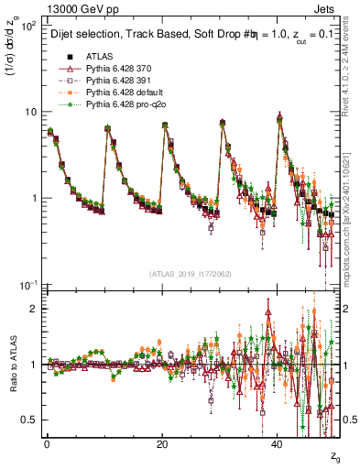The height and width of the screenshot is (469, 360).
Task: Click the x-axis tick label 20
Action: [162, 443]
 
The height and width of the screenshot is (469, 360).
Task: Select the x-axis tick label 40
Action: [278, 443]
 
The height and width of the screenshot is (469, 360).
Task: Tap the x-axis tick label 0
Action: [47, 443]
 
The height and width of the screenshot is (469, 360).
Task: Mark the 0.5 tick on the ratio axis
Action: [31, 420]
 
